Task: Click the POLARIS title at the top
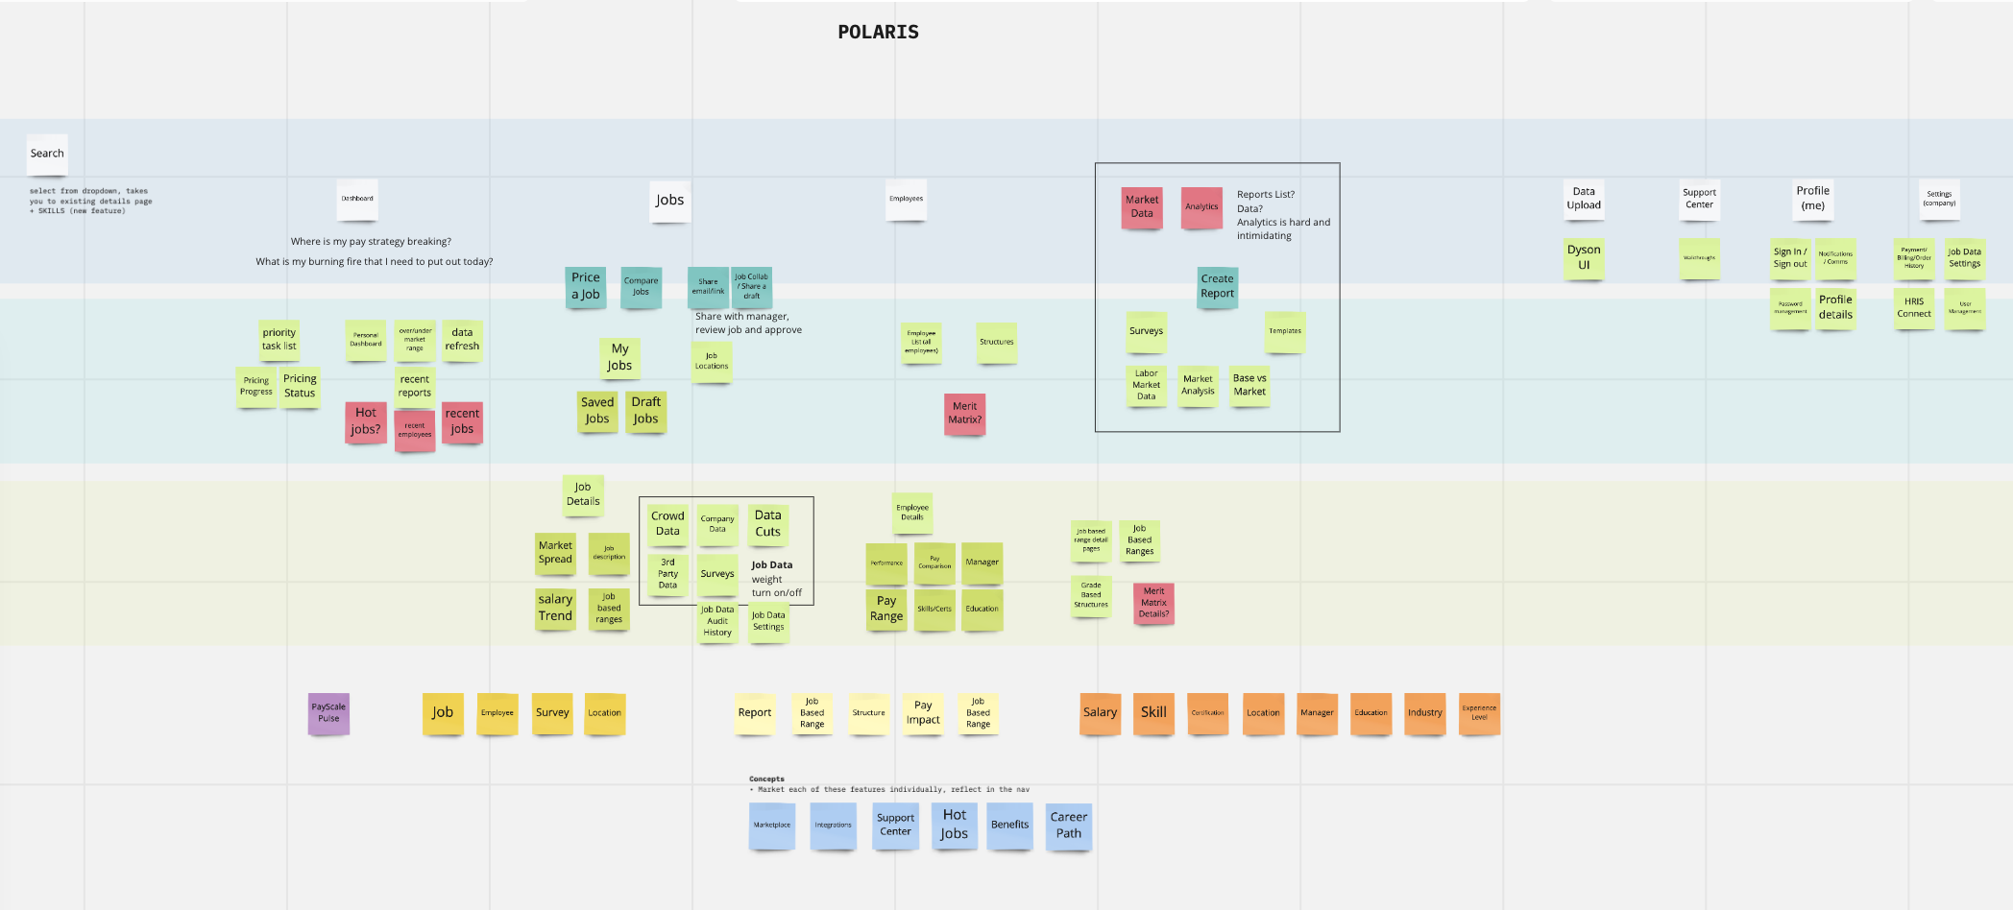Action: [878, 32]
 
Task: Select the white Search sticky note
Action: [47, 154]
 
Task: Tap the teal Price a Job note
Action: [585, 286]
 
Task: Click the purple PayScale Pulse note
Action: [328, 713]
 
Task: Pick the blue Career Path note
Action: [1068, 826]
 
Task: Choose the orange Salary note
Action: [1100, 713]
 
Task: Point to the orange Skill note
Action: [1153, 713]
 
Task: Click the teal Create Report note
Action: [1217, 287]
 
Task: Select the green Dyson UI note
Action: [1584, 257]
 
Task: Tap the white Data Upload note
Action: [1584, 199]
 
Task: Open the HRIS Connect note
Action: [1913, 308]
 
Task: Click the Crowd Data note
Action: [667, 524]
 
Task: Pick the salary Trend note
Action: [555, 608]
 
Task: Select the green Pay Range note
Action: [885, 609]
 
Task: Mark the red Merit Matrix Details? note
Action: [1153, 603]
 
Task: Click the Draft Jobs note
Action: [645, 411]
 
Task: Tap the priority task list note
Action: [279, 340]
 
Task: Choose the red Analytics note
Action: [1201, 207]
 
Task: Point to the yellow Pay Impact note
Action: [923, 713]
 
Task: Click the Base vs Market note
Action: [1249, 385]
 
